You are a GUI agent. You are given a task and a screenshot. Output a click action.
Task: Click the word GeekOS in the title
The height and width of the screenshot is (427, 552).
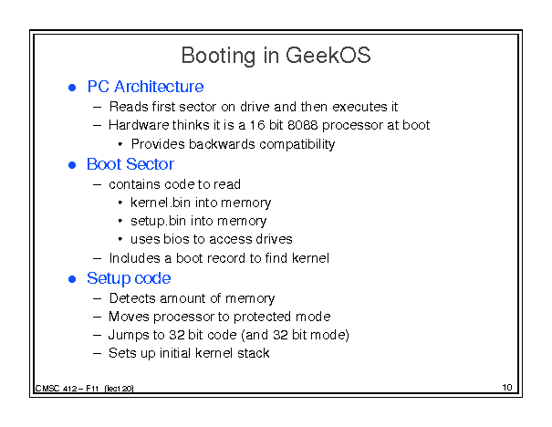[328, 56]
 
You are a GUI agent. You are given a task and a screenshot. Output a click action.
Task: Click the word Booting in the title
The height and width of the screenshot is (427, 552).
[218, 56]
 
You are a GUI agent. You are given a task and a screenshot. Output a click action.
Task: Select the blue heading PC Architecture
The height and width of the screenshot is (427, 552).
[145, 87]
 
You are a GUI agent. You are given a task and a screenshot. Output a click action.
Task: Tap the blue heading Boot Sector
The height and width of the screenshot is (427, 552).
[130, 164]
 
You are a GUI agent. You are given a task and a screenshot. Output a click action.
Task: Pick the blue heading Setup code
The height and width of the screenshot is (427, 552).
[129, 278]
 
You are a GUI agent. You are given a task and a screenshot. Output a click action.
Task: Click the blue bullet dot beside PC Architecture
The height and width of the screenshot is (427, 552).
[72, 88]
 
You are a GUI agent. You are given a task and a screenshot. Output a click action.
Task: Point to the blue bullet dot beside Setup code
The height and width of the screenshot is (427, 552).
[72, 279]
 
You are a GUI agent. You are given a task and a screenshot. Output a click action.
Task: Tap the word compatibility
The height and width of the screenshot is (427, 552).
[297, 144]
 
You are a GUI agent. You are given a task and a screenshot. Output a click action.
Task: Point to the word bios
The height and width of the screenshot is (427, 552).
[176, 239]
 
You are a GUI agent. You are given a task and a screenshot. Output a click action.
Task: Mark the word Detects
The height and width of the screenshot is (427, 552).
[132, 298]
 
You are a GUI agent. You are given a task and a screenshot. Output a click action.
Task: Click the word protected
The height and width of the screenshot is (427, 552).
[262, 317]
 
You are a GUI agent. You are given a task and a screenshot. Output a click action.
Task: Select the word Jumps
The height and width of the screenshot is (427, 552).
[129, 335]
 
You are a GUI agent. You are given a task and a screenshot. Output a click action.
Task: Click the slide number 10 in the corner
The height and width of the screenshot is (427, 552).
[507, 388]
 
